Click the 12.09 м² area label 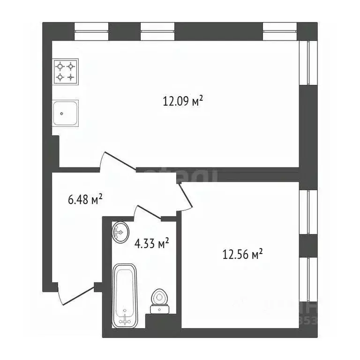pos(183,101)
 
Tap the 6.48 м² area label pos(85,200)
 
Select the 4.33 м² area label pos(151,244)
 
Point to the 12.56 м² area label pos(242,255)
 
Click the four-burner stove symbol pos(66,71)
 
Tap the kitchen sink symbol pos(65,112)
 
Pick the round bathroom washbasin pos(120,231)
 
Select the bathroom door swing pos(148,212)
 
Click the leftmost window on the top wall pos(91,31)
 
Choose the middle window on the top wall pos(157,31)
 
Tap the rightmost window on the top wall pos(280,31)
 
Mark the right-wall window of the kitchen pos(308,63)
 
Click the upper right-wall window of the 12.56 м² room pos(308,212)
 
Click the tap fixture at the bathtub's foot pos(125,320)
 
